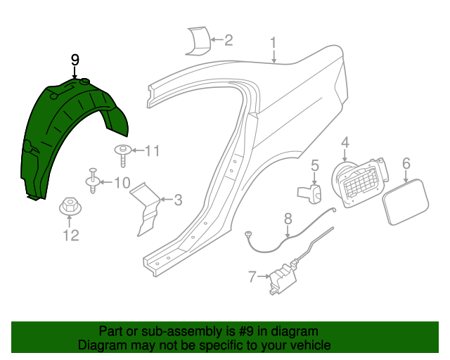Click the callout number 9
pyautogui.click(x=75, y=61)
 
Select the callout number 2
pyautogui.click(x=228, y=40)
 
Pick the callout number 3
pyautogui.click(x=178, y=200)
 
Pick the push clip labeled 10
pyautogui.click(x=94, y=181)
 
